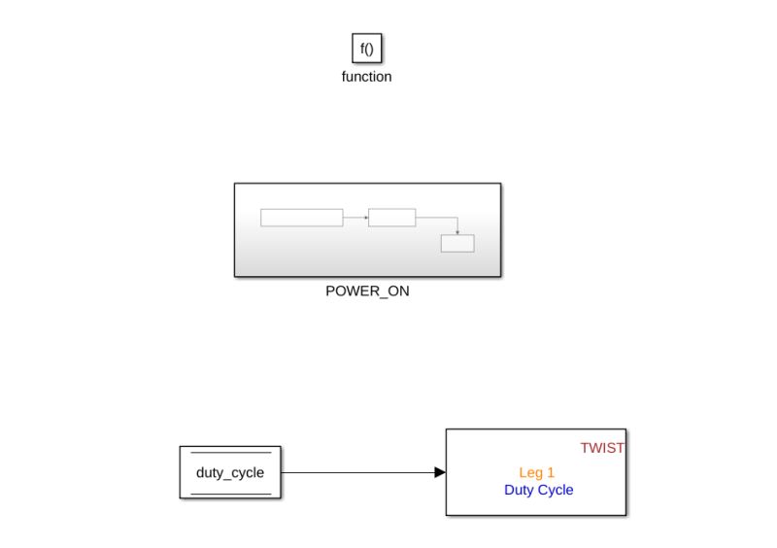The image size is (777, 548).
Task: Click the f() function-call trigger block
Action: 366,49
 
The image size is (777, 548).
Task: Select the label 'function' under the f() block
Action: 366,77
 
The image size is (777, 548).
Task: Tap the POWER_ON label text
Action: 367,291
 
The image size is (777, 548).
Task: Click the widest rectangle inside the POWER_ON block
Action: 301,218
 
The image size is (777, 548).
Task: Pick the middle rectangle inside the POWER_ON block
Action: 391,218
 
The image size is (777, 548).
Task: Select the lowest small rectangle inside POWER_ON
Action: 457,244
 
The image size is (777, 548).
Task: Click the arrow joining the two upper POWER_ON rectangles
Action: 355,218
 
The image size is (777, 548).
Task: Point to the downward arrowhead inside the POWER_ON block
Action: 457,232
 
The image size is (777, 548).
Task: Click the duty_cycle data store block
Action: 230,472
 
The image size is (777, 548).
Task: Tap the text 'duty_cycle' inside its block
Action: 230,473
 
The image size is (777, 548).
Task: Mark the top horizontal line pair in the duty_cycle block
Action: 230,453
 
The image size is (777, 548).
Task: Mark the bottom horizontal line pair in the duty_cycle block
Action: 230,494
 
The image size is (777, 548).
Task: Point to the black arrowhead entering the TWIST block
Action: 440,473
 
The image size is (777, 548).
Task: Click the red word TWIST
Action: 602,448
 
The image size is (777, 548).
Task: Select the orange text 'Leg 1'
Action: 536,472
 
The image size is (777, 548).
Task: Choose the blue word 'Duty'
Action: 520,490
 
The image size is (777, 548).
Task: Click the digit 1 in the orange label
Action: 551,472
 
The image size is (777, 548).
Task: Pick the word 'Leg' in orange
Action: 530,472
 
